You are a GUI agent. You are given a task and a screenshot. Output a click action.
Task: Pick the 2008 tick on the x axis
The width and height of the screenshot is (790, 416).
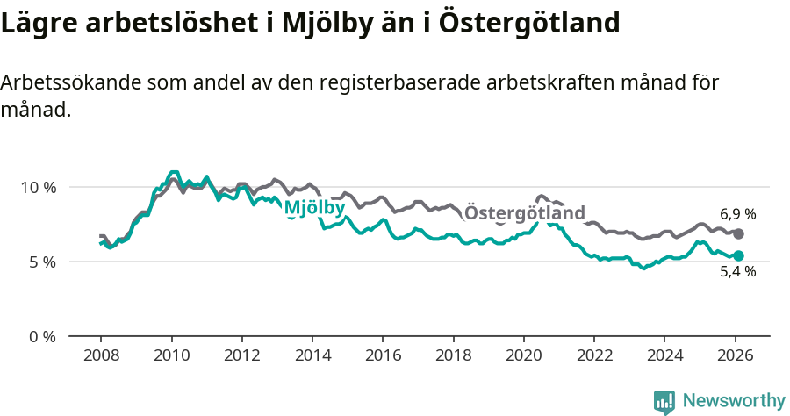101,357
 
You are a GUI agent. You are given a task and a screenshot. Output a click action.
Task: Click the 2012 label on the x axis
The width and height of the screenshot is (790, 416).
241,357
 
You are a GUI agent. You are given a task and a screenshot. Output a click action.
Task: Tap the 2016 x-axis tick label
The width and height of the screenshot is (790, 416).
383,357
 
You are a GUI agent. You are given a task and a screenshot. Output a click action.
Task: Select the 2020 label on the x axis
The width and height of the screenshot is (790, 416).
523,357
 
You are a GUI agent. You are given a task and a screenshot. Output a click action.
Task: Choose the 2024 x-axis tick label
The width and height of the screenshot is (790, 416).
664,357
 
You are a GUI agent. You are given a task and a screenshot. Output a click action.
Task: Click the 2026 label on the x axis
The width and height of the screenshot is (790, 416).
734,357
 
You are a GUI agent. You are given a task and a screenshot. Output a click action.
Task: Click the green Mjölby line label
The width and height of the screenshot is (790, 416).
313,208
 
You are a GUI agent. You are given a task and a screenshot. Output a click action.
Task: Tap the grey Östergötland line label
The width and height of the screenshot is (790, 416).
524,213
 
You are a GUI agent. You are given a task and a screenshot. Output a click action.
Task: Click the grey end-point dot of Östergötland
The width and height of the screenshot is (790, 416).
738,234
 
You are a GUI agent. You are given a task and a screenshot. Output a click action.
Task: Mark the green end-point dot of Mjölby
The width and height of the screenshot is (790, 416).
738,255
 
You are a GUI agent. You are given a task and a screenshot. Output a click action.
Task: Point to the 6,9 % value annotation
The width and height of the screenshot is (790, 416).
737,214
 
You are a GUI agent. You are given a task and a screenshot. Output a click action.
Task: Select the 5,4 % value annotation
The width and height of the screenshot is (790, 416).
737,273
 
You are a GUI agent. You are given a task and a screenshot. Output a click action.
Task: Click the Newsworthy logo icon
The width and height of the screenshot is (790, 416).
664,401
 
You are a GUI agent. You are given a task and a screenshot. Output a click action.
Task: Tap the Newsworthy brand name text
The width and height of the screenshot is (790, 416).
733,401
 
